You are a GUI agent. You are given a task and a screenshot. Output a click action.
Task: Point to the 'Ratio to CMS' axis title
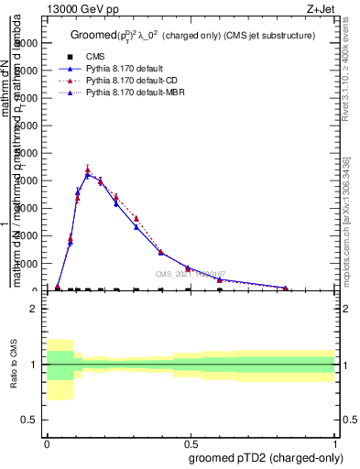[13, 365]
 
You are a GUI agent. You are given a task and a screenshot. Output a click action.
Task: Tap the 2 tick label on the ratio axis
[34, 309]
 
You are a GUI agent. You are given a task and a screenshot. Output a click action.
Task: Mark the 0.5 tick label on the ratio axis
[29, 420]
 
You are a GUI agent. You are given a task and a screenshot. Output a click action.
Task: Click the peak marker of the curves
[88, 171]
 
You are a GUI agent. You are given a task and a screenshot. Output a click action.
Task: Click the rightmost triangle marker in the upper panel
[286, 289]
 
